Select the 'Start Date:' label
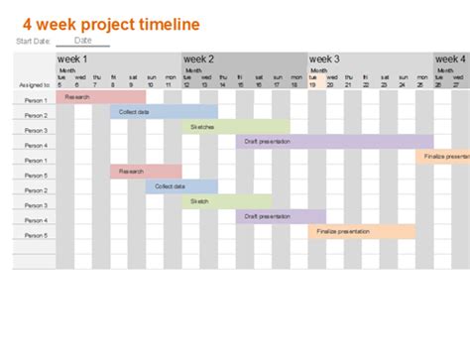[x=33, y=42]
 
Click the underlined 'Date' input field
[x=83, y=41]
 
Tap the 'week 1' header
[x=73, y=60]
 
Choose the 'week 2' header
[x=199, y=60]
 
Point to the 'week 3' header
[x=325, y=60]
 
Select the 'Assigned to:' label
[x=33, y=85]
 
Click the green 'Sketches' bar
[x=236, y=127]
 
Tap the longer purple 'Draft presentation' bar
[x=334, y=142]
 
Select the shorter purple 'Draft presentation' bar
[x=281, y=216]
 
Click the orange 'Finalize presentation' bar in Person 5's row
[x=361, y=231]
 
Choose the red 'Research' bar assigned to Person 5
[x=146, y=172]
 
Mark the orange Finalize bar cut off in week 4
[x=443, y=157]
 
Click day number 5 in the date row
[x=59, y=85]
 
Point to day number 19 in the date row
[x=311, y=85]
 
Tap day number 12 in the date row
[x=185, y=85]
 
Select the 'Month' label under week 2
[x=193, y=70]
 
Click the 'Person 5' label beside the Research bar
[x=35, y=176]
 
